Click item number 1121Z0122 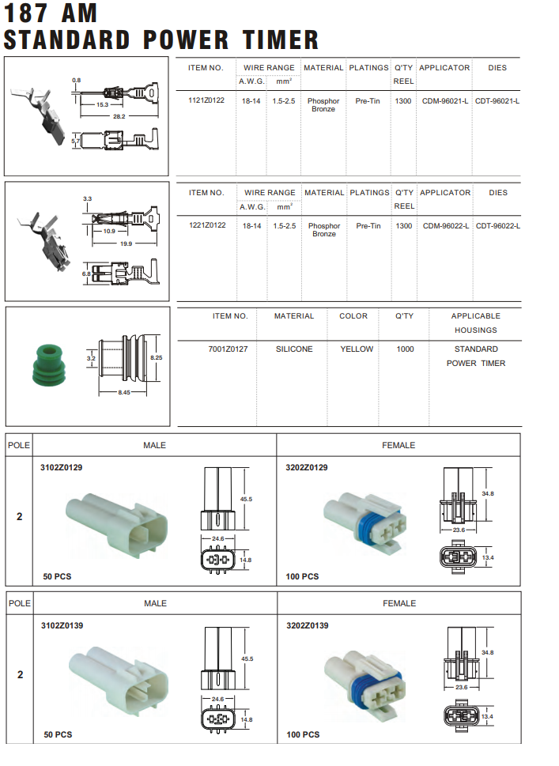click(x=206, y=100)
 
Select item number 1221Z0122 click(x=207, y=225)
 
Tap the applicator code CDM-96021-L click(x=446, y=101)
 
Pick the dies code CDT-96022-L click(x=498, y=226)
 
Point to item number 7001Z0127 click(x=229, y=349)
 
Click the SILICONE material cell click(x=294, y=349)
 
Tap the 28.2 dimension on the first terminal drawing click(x=119, y=117)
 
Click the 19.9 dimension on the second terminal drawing click(x=127, y=243)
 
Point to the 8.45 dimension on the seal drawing click(x=124, y=393)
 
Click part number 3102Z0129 click(x=62, y=467)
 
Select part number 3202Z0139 click(x=307, y=625)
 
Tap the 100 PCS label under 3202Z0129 click(x=303, y=576)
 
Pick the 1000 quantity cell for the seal click(x=405, y=349)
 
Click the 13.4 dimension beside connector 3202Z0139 click(x=488, y=716)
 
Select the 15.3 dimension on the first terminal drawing click(x=103, y=104)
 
